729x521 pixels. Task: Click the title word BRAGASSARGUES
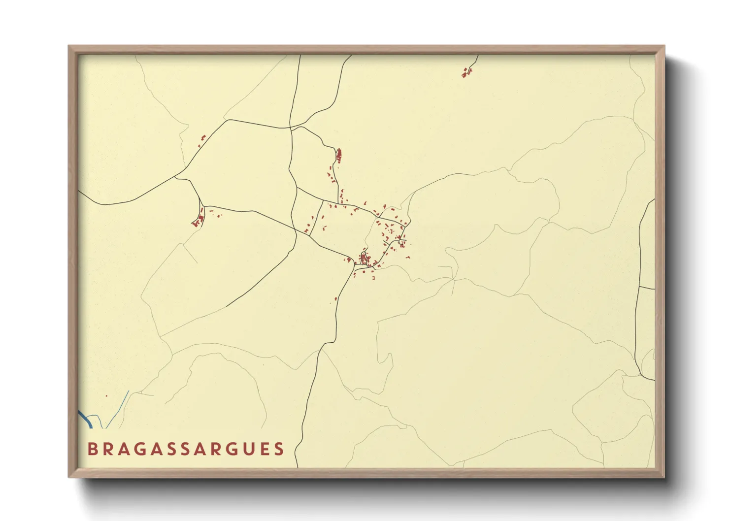tap(186, 449)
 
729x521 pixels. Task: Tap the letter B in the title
tap(92, 449)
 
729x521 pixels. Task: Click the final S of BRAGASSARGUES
tap(279, 449)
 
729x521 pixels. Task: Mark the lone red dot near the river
tap(106, 395)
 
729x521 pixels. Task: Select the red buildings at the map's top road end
tap(466, 73)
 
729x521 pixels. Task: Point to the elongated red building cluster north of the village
tap(338, 156)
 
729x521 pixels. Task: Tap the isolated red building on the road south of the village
tap(335, 298)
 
